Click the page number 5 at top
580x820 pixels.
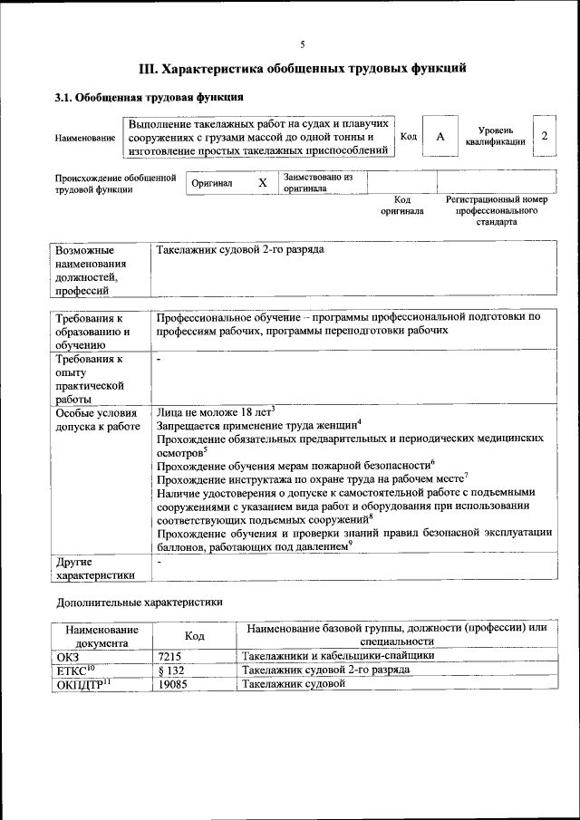click(303, 43)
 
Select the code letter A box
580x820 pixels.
click(440, 136)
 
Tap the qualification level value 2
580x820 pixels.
click(545, 135)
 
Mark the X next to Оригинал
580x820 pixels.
click(263, 183)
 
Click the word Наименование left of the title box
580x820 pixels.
click(85, 137)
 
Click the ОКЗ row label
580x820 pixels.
click(69, 655)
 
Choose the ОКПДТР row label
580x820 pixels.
click(78, 684)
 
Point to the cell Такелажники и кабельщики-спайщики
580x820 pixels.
click(337, 655)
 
